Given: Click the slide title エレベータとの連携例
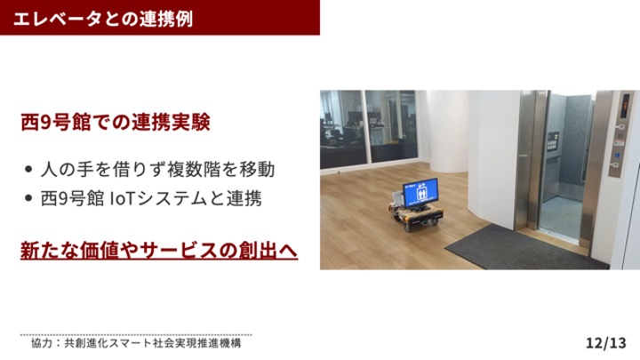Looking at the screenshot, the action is pyautogui.click(x=103, y=19).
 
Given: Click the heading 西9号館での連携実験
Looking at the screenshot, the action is pyautogui.click(x=116, y=122).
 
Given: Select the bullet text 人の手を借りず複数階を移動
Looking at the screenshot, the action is pyautogui.click(x=157, y=170).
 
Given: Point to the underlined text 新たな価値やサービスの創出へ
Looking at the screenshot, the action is pyautogui.click(x=159, y=250).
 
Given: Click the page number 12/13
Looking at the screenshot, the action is pyautogui.click(x=606, y=343).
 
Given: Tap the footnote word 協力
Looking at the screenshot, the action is pyautogui.click(x=42, y=343).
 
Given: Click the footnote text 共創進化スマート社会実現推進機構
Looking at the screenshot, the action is pyautogui.click(x=153, y=343).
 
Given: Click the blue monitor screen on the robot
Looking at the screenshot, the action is pyautogui.click(x=420, y=191).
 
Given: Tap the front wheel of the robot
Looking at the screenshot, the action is pyautogui.click(x=407, y=228).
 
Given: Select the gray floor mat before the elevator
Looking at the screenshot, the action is pyautogui.click(x=526, y=248).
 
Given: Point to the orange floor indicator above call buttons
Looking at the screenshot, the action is pyautogui.click(x=625, y=106).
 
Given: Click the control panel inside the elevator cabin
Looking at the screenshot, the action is pyautogui.click(x=553, y=141).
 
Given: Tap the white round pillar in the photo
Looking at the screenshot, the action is pyautogui.click(x=448, y=132).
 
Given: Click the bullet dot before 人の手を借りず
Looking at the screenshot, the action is pyautogui.click(x=28, y=169).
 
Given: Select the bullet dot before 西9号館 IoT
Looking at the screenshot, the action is pyautogui.click(x=28, y=198).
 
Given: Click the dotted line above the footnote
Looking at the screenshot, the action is pyautogui.click(x=136, y=335).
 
